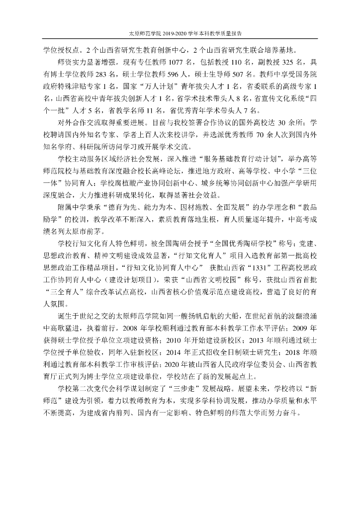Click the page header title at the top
[180, 34]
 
